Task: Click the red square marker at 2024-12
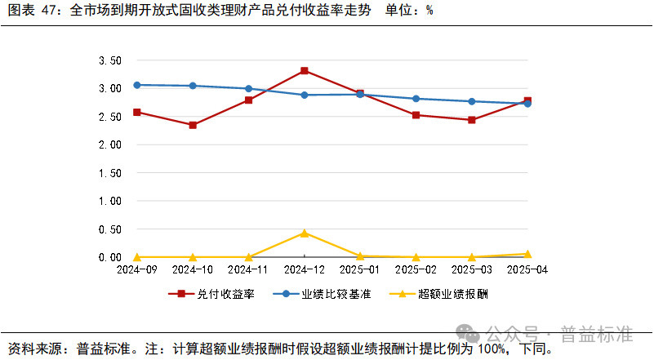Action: click(x=304, y=71)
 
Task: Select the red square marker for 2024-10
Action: click(x=193, y=125)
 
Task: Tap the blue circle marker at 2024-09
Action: click(x=137, y=85)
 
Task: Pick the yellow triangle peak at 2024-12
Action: click(x=304, y=233)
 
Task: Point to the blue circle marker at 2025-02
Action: click(x=416, y=99)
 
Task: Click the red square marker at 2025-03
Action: click(x=472, y=120)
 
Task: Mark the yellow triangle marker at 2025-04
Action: click(x=527, y=254)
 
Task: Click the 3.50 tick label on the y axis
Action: click(x=109, y=60)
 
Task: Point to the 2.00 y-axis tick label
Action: click(x=109, y=144)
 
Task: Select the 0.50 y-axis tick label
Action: click(x=109, y=229)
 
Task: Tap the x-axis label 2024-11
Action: click(x=248, y=269)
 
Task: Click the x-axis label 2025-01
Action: click(x=360, y=269)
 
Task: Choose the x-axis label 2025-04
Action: click(x=527, y=269)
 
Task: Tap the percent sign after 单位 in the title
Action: click(x=429, y=11)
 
